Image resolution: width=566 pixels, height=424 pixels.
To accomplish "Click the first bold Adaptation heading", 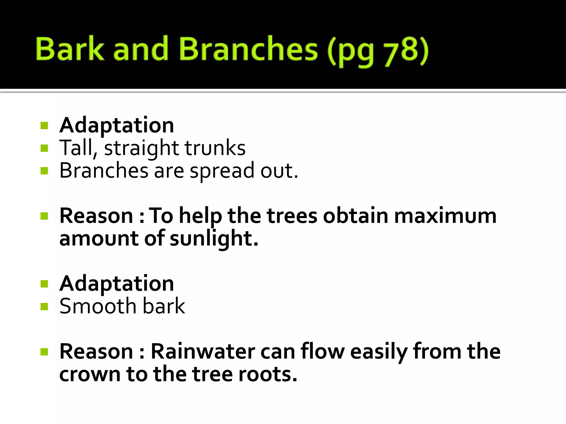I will point(117,126).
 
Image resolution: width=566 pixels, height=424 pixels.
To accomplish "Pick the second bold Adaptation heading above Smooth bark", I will point(117,284).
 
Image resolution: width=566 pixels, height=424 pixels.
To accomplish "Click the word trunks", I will point(215,148).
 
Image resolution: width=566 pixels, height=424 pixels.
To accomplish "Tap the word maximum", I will point(445,216).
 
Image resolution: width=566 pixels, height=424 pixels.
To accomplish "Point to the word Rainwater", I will point(203,352).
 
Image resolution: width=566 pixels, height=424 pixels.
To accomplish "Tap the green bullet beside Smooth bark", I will point(44,306).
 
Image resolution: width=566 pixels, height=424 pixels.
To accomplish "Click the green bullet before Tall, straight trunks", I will point(44,149).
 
